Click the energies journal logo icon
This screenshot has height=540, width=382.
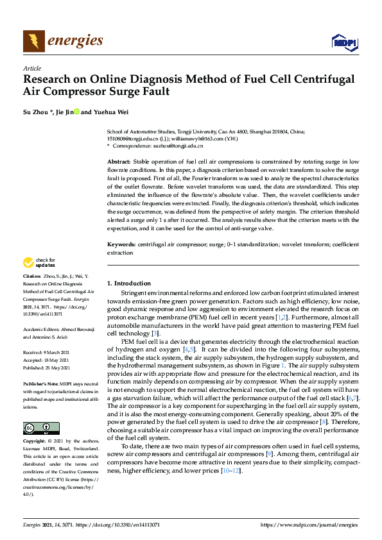[34, 41]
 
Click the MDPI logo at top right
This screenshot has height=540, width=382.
[343, 42]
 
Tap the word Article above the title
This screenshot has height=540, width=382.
[31, 68]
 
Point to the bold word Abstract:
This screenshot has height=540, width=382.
[119, 162]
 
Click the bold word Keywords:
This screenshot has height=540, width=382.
[121, 244]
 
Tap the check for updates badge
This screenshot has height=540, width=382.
[38, 262]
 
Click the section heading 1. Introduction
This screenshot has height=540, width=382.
[129, 283]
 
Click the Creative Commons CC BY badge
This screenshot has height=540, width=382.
[40, 428]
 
